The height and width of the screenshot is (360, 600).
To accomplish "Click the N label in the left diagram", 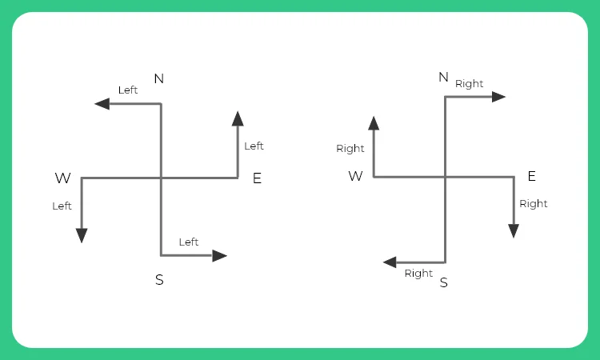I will (x=158, y=78).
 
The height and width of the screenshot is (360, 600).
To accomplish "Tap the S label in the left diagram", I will (x=159, y=280).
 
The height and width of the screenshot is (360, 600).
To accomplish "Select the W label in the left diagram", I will (x=62, y=178).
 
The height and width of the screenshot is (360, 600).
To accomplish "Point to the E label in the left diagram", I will (x=257, y=178).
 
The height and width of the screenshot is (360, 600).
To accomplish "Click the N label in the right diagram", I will (x=443, y=77).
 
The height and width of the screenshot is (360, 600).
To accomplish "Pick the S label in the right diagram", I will (x=444, y=282).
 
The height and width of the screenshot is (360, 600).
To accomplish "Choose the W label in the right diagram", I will (x=355, y=176).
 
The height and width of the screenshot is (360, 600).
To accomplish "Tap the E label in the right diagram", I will (x=531, y=176).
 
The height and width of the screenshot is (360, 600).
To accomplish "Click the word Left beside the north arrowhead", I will (x=128, y=90).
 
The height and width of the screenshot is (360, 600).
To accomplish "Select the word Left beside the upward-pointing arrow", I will (x=254, y=146).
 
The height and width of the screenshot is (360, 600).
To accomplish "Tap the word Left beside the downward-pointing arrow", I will (x=62, y=206).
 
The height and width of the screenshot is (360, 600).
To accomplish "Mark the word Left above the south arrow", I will (x=189, y=242).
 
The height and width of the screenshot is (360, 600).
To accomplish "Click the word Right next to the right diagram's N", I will (x=470, y=83).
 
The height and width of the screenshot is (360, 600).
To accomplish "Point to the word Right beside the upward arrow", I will (x=350, y=148).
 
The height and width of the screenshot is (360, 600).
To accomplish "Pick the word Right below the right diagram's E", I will (x=534, y=203).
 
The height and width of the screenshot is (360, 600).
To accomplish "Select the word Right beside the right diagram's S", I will (x=418, y=273).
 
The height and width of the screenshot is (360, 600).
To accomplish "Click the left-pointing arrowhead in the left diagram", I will (x=102, y=104).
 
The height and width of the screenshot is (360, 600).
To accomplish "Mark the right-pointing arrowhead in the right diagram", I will (x=498, y=97).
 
